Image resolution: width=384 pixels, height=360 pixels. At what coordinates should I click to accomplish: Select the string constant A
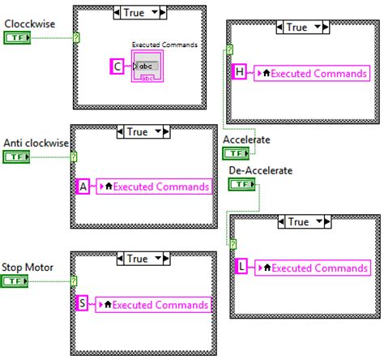(83, 186)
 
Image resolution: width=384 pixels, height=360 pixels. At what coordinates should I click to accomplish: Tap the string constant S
(83, 304)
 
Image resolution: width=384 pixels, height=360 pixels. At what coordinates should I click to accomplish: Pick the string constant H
(240, 72)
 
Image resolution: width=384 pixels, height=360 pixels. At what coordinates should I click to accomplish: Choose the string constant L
(241, 267)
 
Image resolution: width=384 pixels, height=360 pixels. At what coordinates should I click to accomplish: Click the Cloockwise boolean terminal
(17, 38)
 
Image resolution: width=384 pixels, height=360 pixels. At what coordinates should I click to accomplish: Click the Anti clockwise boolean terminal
(17, 157)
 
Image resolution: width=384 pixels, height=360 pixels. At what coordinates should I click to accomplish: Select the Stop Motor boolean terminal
(17, 281)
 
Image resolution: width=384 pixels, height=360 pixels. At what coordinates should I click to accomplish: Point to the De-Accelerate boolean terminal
(241, 186)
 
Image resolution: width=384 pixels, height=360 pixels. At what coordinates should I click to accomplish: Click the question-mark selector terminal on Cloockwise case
(76, 38)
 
